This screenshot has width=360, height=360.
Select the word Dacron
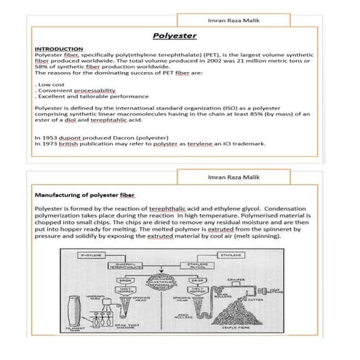[x=117, y=137]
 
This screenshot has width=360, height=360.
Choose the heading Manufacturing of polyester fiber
[x=85, y=195]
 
